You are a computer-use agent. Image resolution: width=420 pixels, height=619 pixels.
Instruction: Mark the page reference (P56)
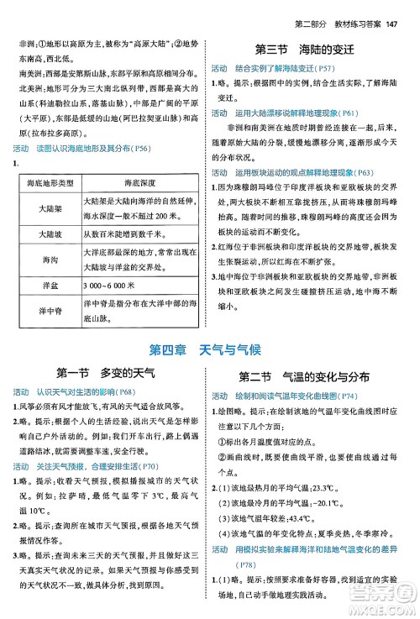[165, 149]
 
